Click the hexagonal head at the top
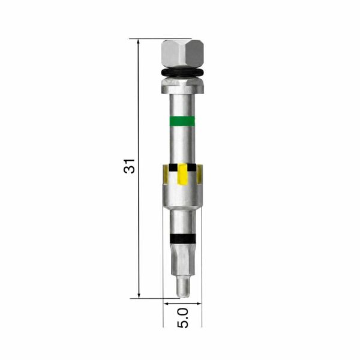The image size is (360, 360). click(x=183, y=54)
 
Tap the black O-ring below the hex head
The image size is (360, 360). click(x=182, y=73)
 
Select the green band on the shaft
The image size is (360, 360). click(x=182, y=121)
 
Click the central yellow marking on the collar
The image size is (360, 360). click(x=183, y=174)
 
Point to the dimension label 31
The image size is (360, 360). click(x=129, y=166)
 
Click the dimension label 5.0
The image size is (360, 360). click(x=183, y=318)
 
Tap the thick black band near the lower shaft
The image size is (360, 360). click(x=183, y=239)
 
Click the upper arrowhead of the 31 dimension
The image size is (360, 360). click(x=138, y=42)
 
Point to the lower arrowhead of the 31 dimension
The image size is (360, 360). click(x=139, y=295)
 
